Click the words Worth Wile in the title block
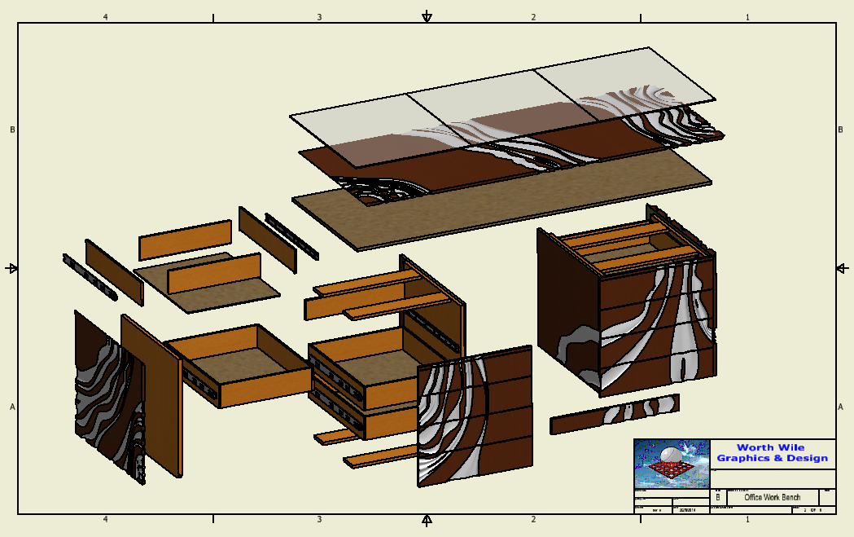(769, 447)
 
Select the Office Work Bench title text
(772, 497)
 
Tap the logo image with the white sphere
(672, 464)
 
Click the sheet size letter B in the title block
(717, 497)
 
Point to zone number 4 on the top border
(105, 17)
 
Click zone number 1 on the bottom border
(747, 519)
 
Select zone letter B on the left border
(12, 130)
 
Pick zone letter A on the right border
(841, 407)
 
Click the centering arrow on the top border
(427, 17)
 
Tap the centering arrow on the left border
(12, 268)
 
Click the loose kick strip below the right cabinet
(614, 414)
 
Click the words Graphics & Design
(772, 458)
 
